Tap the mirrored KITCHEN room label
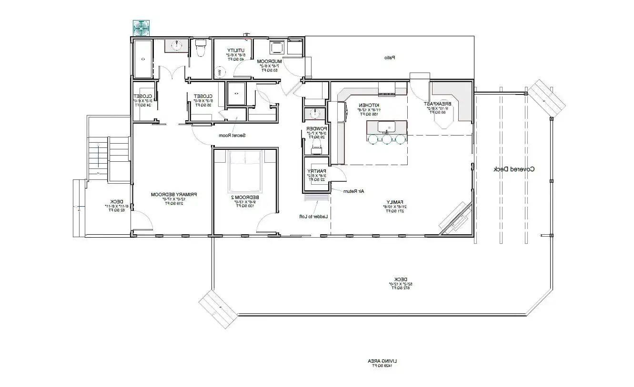[369, 105]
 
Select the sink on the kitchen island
[387, 128]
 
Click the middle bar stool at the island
[387, 139]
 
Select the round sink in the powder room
[315, 114]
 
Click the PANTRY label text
[315, 171]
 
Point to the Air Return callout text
[354, 191]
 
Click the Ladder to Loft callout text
[314, 217]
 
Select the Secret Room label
[232, 136]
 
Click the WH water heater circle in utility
[220, 73]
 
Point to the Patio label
[390, 58]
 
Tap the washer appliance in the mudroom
[276, 48]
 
